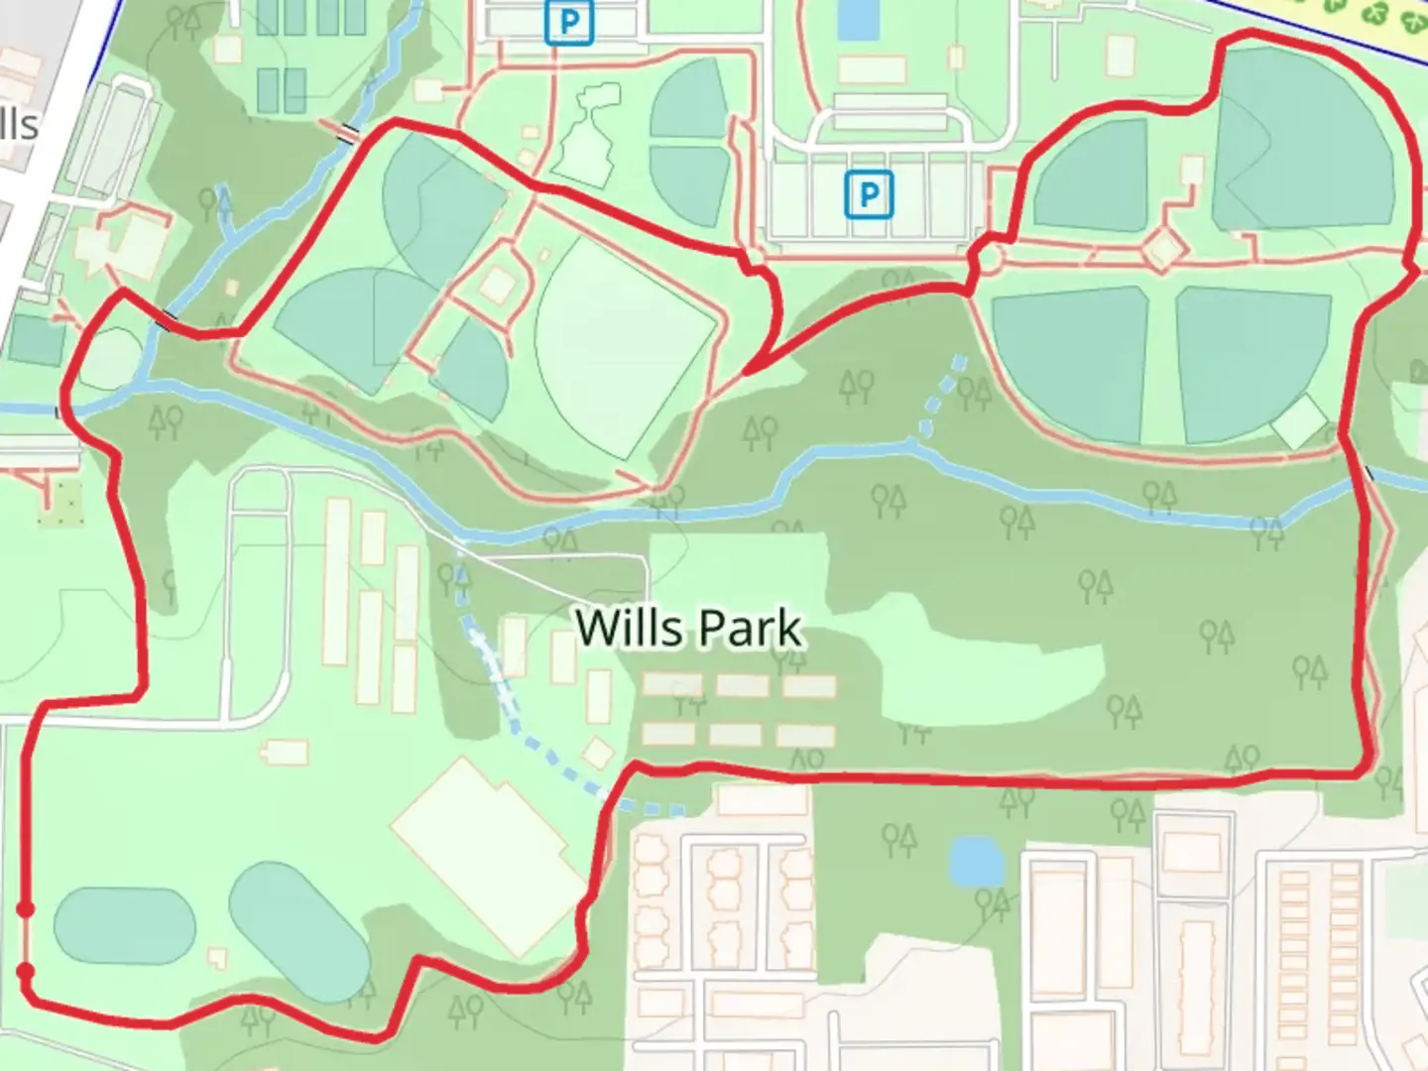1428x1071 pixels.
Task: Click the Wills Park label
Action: pos(689,628)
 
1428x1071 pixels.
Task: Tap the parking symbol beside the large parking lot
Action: pos(869,194)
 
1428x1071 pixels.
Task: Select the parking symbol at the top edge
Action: pos(569,22)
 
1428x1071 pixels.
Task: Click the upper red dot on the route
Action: pos(26,908)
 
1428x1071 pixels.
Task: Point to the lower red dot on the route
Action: pos(26,971)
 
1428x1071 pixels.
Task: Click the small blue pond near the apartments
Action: pos(976,861)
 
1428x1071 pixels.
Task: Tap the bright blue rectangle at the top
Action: pos(856,20)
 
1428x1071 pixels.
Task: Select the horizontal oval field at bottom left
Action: pos(124,921)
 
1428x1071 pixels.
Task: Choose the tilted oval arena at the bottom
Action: pos(298,931)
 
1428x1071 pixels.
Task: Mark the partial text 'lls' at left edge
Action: pos(20,126)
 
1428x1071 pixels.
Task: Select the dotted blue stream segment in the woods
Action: pos(942,394)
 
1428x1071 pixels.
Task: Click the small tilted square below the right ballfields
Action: pos(1299,421)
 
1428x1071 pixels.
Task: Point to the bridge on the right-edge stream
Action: pos(1369,474)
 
